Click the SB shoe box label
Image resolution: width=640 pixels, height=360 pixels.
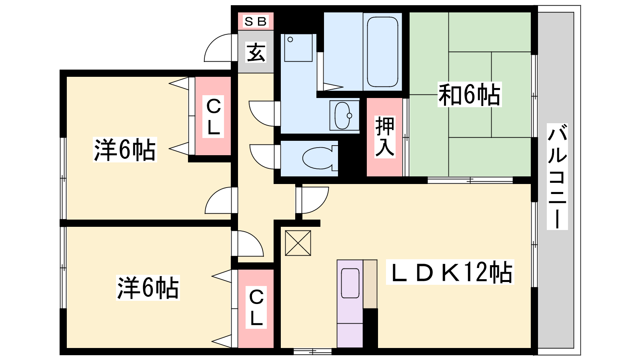[x=256, y=22]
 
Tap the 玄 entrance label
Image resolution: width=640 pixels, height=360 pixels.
[x=256, y=52]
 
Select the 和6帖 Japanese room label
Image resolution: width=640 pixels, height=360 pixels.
[x=470, y=94]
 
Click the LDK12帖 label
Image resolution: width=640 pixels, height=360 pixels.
[x=450, y=272]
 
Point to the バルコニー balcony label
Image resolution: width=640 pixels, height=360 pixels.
[x=557, y=176]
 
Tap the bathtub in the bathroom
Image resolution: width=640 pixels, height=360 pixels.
[x=382, y=52]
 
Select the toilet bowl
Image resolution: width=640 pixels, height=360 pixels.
[x=320, y=158]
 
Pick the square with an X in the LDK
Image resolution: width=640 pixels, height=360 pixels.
[x=298, y=243]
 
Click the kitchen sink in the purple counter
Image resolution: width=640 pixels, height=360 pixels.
[x=350, y=283]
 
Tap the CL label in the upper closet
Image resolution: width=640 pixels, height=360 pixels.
[x=213, y=116]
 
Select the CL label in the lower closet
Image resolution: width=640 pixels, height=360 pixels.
[x=256, y=307]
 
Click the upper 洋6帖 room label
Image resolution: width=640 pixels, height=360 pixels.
[x=125, y=150]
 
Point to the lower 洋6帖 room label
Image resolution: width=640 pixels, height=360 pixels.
[x=148, y=288]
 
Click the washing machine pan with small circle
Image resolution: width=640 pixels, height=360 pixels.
[x=298, y=48]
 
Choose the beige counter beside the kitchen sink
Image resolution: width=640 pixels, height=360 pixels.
[x=370, y=284]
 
